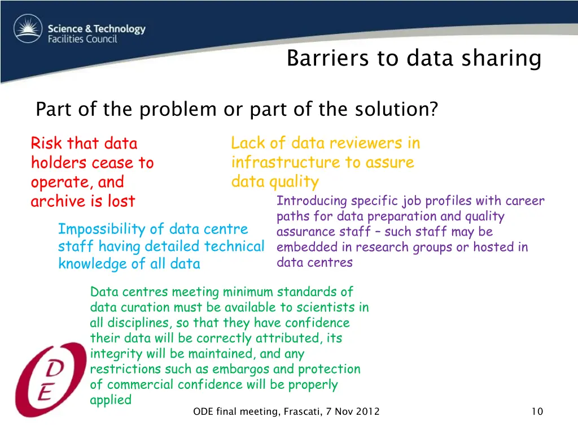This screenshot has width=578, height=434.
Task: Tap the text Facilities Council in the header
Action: point(82,39)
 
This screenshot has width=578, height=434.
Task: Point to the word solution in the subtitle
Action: point(396,108)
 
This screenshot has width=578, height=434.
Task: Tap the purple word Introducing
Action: point(312,201)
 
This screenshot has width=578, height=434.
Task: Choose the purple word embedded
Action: point(303,247)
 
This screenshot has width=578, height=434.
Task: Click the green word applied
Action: point(111,400)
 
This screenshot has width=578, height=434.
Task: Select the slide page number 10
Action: point(537,411)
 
